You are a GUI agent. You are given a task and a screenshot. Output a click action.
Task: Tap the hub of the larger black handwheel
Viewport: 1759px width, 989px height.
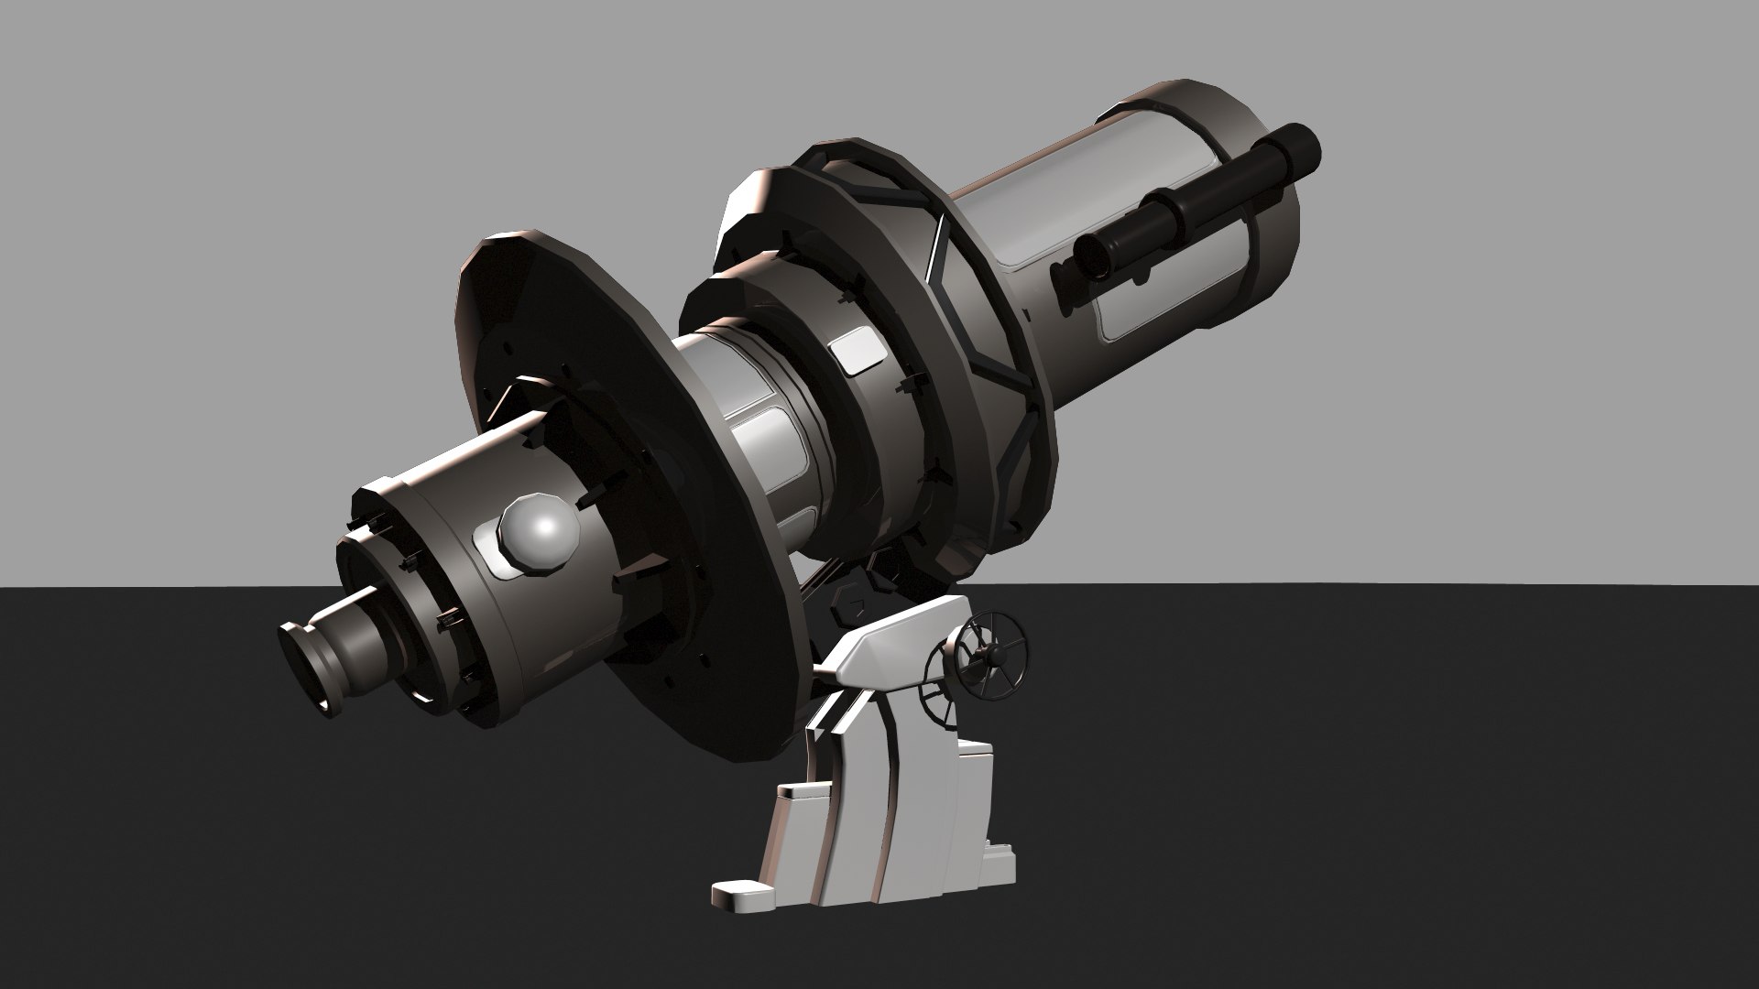click(989, 654)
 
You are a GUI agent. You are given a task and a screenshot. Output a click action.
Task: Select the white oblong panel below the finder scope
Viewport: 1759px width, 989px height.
click(1136, 316)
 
